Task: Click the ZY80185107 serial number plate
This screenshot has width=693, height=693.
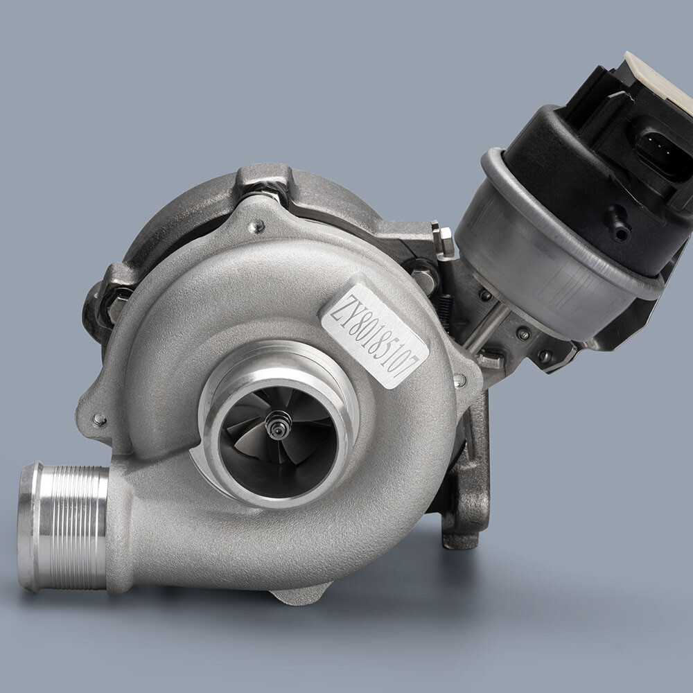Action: (x=374, y=335)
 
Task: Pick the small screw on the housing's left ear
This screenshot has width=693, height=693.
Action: (x=98, y=419)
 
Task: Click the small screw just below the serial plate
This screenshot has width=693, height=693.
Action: (x=459, y=380)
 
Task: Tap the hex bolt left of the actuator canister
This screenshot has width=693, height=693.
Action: (x=444, y=239)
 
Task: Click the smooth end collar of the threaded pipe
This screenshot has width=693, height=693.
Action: (x=29, y=527)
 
